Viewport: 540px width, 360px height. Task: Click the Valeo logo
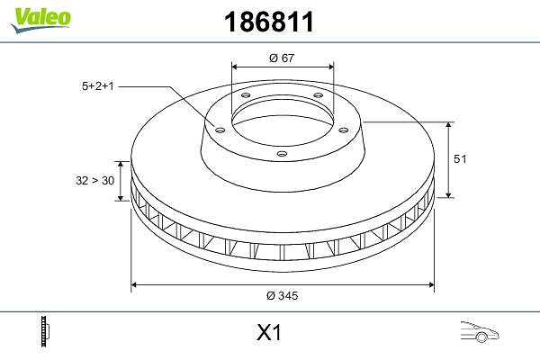[41, 20]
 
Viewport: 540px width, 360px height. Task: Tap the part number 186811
[269, 22]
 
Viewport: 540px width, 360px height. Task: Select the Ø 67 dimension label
[282, 58]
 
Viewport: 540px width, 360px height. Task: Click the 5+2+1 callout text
[98, 86]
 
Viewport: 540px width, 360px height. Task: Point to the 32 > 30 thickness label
[95, 180]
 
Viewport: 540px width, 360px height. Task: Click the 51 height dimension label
[460, 158]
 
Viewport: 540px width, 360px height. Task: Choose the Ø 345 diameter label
[282, 295]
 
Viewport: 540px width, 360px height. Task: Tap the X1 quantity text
[269, 333]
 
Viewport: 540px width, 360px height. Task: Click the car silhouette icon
[480, 332]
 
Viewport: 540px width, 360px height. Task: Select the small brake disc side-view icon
[45, 331]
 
